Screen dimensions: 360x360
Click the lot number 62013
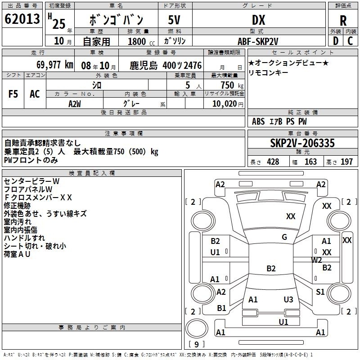(22, 19)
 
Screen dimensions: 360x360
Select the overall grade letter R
(343, 21)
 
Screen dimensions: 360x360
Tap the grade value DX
(259, 20)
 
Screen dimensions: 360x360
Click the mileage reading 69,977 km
(55, 65)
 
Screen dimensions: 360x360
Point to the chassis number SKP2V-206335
(302, 143)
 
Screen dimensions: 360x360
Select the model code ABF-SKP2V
(258, 41)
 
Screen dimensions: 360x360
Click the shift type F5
(13, 94)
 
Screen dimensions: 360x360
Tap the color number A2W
(75, 104)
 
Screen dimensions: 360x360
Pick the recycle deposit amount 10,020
(225, 104)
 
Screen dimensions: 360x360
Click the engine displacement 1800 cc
(141, 41)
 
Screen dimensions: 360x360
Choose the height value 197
(346, 162)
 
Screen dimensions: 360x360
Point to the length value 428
(273, 162)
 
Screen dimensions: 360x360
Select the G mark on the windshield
(284, 237)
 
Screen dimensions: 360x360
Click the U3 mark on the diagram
(288, 299)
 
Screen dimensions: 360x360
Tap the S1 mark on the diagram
(320, 292)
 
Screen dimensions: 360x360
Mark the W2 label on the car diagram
(316, 260)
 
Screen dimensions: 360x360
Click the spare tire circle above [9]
(197, 328)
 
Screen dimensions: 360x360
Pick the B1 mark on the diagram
(221, 308)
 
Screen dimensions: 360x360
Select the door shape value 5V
(174, 20)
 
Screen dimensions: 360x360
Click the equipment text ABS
(258, 121)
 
